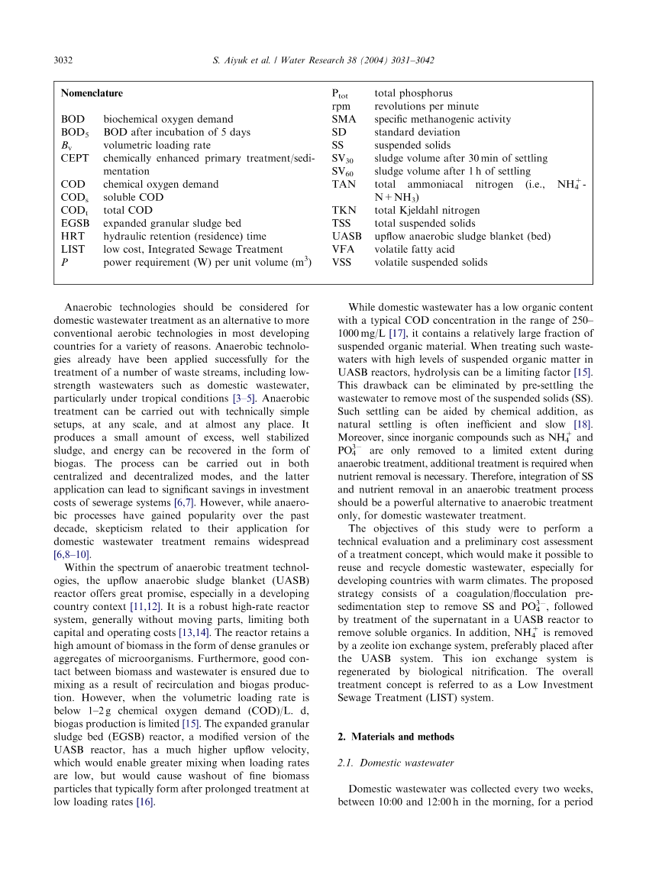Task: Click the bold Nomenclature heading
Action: click(92, 93)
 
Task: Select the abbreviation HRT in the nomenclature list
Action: click(73, 236)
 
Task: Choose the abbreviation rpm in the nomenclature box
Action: click(341, 106)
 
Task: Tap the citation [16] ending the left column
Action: click(145, 802)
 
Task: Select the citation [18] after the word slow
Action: click(583, 424)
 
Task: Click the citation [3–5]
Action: click(245, 398)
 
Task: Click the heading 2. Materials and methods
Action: click(396, 737)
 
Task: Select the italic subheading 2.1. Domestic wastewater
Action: click(396, 763)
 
